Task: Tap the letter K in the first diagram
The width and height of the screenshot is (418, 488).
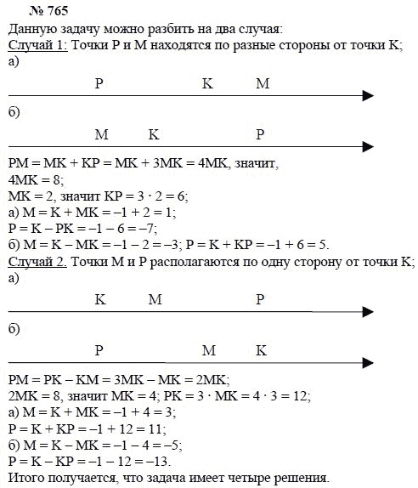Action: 207,83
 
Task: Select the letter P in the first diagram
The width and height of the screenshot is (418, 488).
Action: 99,83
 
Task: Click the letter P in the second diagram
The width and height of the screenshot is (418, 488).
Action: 260,134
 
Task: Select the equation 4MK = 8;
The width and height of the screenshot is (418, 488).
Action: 33,180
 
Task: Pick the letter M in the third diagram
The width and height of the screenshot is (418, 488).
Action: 154,299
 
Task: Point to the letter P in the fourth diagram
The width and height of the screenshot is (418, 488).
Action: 99,350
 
